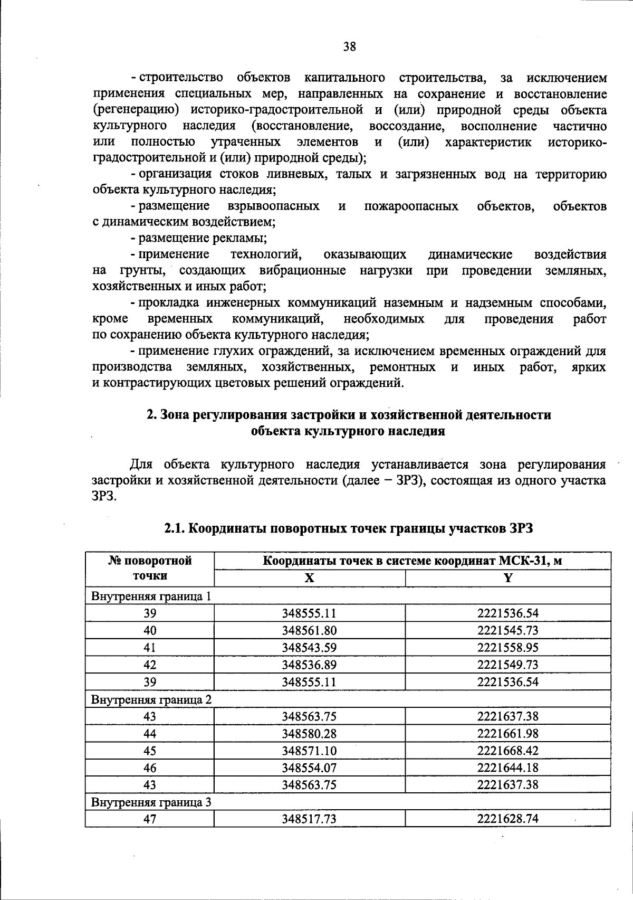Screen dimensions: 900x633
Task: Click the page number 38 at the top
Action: pos(350,47)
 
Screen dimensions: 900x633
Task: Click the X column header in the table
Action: pos(309,578)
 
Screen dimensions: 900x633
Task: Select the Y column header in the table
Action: pos(507,578)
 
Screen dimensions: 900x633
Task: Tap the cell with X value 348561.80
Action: pos(309,630)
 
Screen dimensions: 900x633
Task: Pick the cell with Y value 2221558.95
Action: pos(507,647)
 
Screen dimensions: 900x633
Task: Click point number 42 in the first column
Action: pos(150,665)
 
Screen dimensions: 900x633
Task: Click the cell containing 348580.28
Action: pos(309,734)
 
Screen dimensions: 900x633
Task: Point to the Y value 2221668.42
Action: pos(507,751)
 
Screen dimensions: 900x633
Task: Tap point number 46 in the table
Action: pos(150,768)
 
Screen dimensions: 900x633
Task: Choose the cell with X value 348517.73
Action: pos(309,819)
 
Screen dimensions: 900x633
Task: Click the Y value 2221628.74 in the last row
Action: pos(507,819)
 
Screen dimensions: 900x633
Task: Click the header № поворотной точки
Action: pos(150,568)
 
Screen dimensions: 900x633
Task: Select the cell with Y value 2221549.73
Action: pos(507,665)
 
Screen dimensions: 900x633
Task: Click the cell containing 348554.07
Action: pos(309,768)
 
